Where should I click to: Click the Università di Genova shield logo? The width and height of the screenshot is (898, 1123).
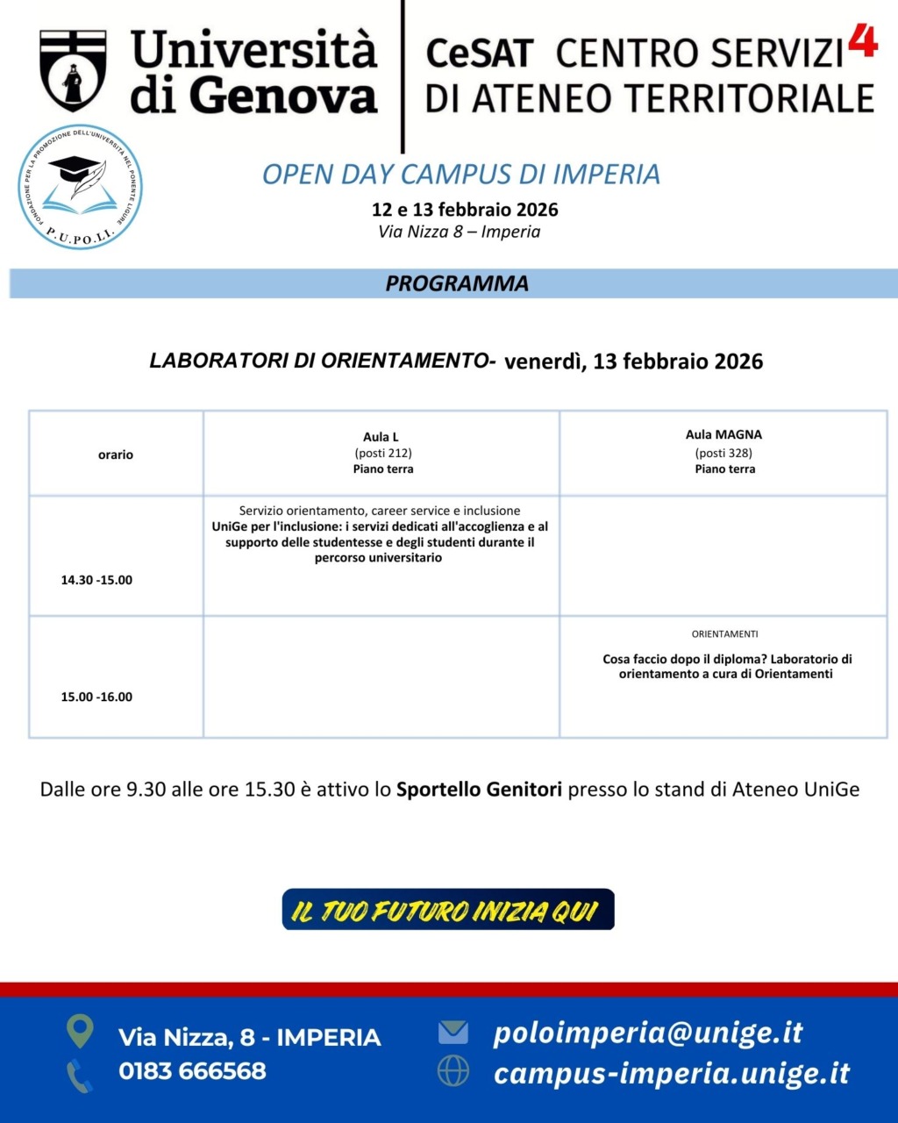point(73,70)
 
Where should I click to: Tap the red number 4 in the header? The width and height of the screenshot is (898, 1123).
point(863,40)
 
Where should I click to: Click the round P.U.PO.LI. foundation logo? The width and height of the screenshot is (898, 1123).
point(81,186)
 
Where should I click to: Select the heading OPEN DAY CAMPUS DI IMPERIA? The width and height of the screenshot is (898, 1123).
point(460,174)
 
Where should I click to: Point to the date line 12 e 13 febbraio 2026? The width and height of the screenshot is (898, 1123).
point(465,210)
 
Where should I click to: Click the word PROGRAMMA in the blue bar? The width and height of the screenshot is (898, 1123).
point(457,283)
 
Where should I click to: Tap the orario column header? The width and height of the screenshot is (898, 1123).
point(116,454)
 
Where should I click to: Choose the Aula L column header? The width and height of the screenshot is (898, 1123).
point(381,437)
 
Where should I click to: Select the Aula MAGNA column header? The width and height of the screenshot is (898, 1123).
point(723,434)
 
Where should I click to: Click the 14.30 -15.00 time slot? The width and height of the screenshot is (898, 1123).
point(96,580)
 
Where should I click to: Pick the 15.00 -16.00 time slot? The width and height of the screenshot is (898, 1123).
point(96,697)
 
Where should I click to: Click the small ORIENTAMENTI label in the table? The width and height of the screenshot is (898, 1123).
point(724,633)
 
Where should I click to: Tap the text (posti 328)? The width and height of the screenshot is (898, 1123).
point(723,453)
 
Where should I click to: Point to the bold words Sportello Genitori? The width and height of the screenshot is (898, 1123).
point(479,789)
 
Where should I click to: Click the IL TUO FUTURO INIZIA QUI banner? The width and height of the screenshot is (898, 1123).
point(448,910)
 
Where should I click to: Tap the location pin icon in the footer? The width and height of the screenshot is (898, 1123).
point(80,1031)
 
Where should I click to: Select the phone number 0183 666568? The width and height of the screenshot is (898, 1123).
point(192,1070)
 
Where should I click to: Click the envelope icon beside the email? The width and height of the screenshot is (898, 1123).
point(453,1032)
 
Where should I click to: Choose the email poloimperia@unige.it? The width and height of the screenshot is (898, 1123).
point(648,1033)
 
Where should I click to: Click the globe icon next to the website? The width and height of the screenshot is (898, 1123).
point(453,1071)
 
